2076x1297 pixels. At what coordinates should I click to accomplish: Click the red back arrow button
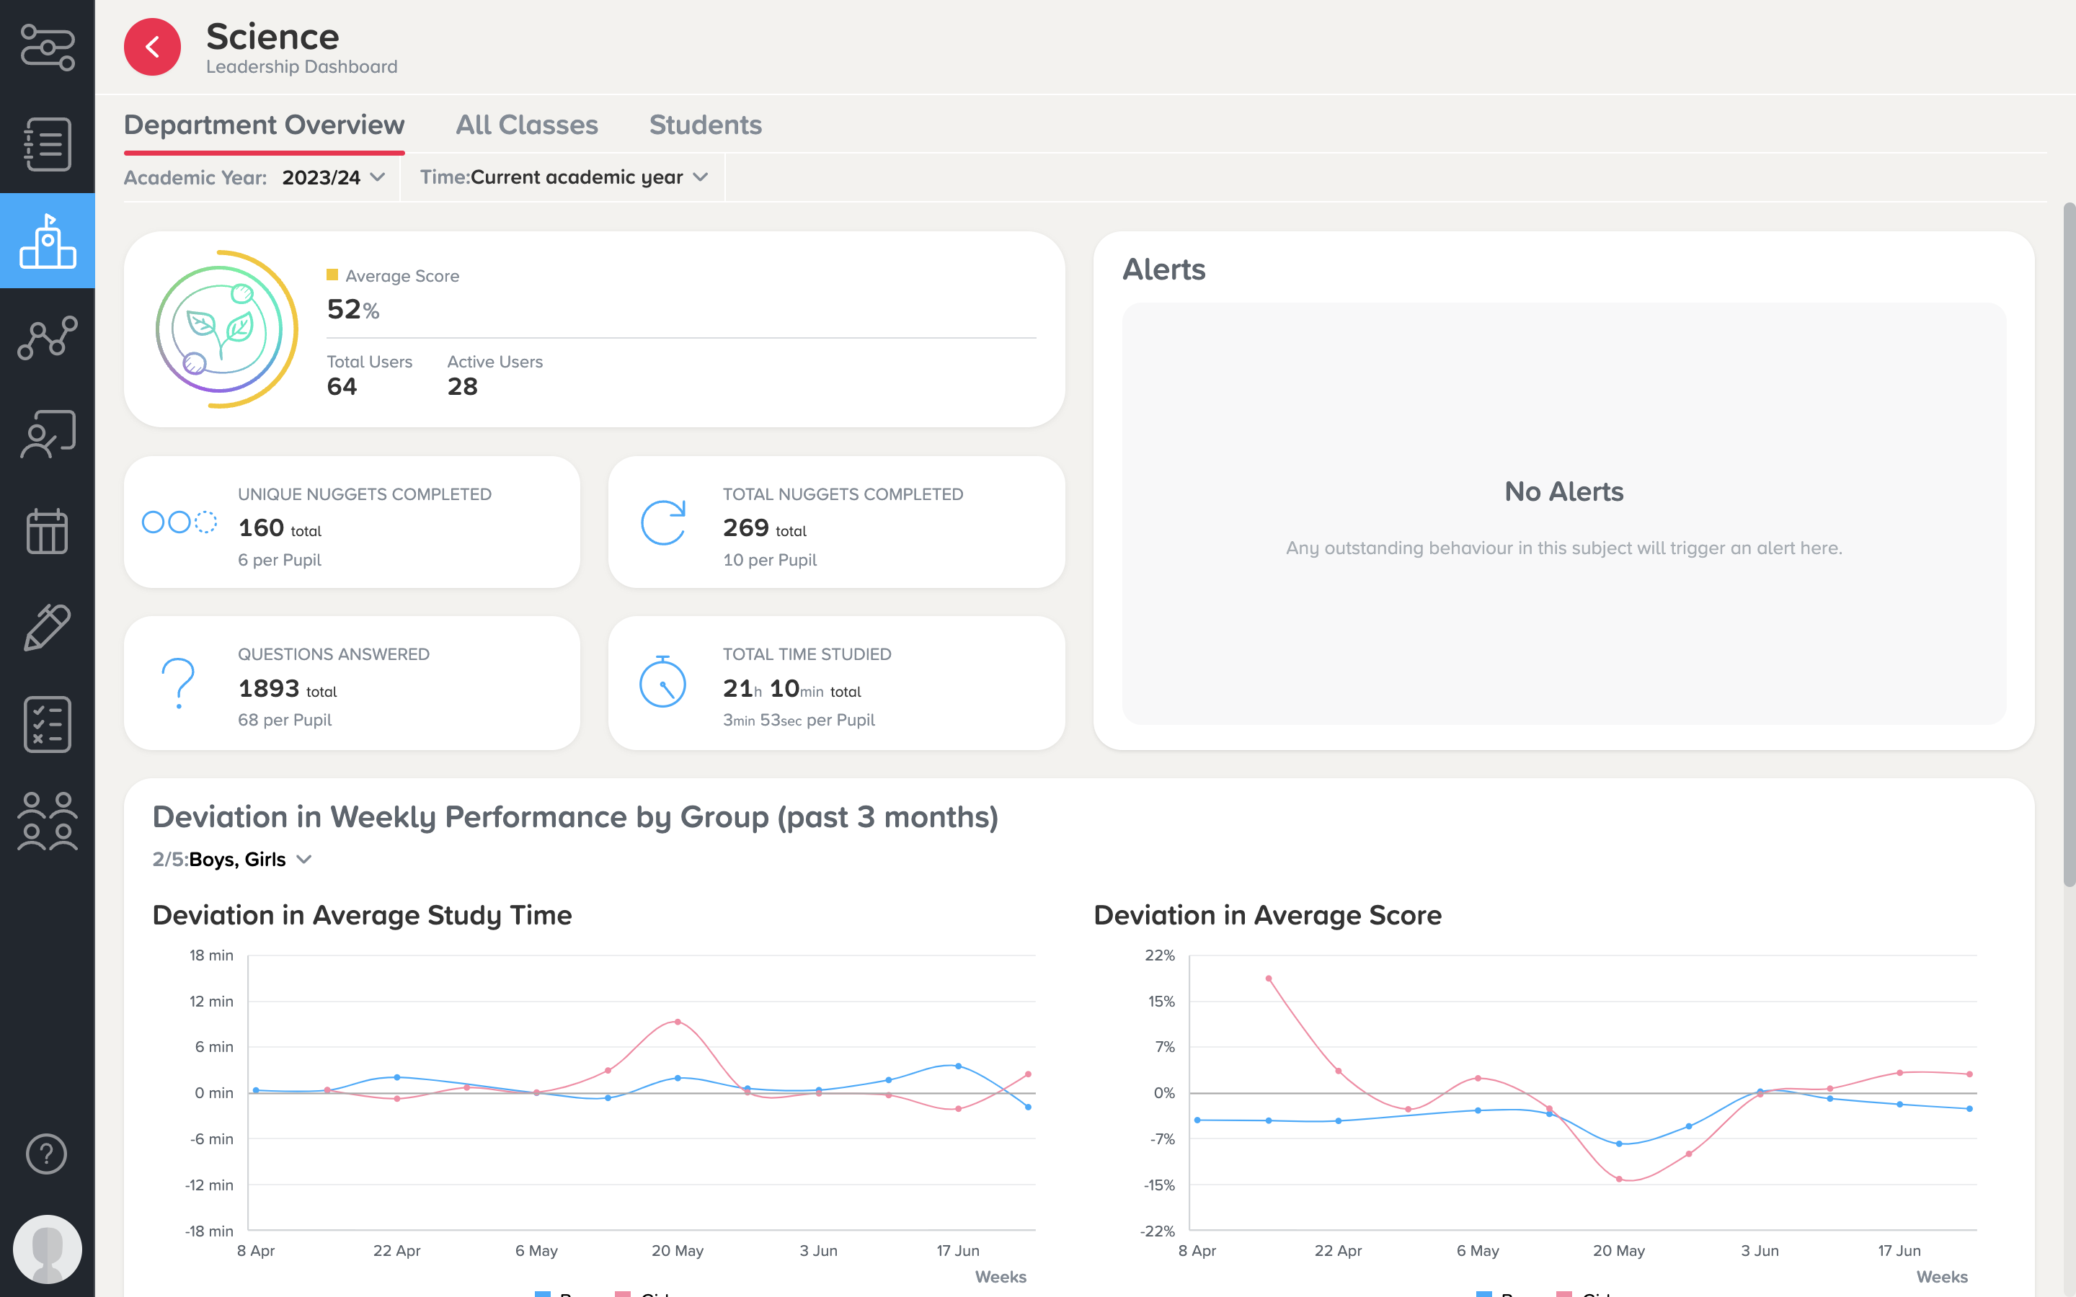pyautogui.click(x=152, y=47)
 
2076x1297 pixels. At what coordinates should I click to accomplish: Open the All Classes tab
pyautogui.click(x=527, y=125)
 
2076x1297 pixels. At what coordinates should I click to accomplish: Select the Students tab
pyautogui.click(x=705, y=125)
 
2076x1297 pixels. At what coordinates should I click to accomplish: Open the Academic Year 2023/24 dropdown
pyautogui.click(x=333, y=177)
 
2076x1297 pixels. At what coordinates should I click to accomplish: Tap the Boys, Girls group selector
pyautogui.click(x=249, y=860)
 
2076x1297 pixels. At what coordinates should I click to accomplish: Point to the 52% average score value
pyautogui.click(x=352, y=309)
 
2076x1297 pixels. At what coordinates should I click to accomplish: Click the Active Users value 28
pyautogui.click(x=462, y=387)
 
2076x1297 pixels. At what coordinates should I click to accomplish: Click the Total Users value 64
pyautogui.click(x=342, y=387)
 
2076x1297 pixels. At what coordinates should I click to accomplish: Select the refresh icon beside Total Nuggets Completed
pyautogui.click(x=663, y=522)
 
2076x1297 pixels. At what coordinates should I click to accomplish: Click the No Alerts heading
pyautogui.click(x=1564, y=491)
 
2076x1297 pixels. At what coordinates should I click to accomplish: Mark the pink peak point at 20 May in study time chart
pyautogui.click(x=678, y=1022)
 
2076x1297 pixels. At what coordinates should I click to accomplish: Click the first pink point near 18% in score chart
pyautogui.click(x=1269, y=979)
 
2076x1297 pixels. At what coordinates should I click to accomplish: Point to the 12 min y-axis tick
pyautogui.click(x=211, y=1001)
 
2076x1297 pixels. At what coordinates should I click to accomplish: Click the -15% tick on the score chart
pyautogui.click(x=1159, y=1185)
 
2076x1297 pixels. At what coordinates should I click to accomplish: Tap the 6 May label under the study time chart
pyautogui.click(x=536, y=1251)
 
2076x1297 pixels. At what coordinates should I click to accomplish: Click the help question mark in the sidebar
pyautogui.click(x=46, y=1154)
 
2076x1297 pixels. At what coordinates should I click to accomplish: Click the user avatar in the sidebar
pyautogui.click(x=47, y=1249)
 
